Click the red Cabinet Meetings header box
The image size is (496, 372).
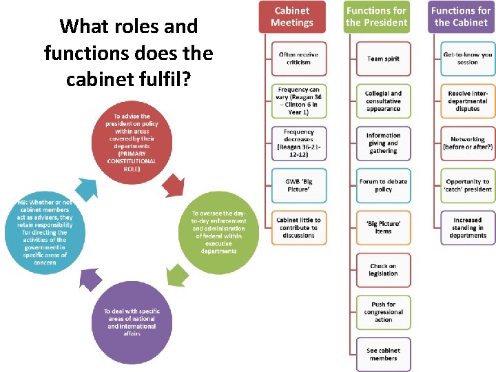(x=291, y=17)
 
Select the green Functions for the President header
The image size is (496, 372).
(x=376, y=17)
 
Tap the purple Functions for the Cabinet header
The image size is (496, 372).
(x=461, y=17)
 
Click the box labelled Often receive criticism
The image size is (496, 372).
(x=298, y=59)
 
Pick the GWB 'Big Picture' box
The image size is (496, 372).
(x=298, y=185)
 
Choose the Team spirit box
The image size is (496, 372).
(x=383, y=59)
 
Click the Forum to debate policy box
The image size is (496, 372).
(x=383, y=185)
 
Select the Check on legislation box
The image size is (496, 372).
(x=383, y=270)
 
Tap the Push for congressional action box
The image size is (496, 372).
(x=383, y=312)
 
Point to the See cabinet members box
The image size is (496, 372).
(x=383, y=354)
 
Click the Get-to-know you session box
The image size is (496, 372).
(x=468, y=59)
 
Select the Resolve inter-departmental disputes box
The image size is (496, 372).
(x=468, y=101)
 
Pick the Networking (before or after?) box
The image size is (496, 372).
(x=468, y=143)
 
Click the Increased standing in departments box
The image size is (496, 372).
(x=468, y=228)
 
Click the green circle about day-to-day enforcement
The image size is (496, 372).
(x=218, y=232)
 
